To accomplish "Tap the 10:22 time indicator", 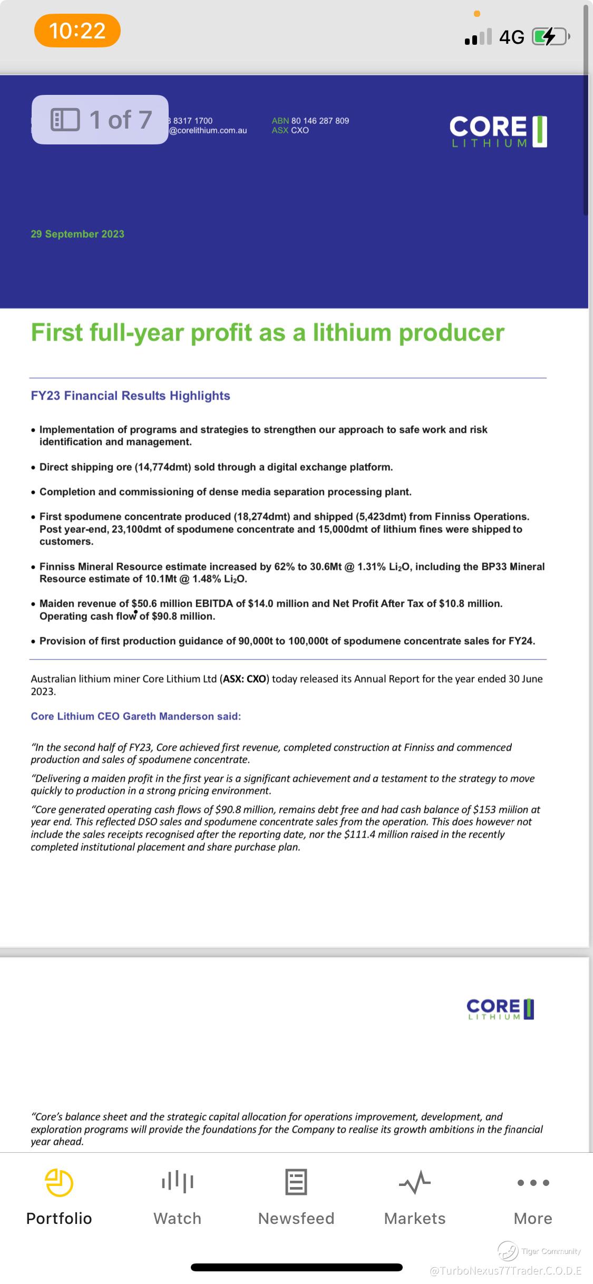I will pos(77,31).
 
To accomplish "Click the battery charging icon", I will pos(550,37).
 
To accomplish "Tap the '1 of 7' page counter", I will pos(100,120).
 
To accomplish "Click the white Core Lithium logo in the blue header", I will pos(498,131).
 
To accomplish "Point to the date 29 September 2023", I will pos(77,234).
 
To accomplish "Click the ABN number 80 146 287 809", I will pos(320,121).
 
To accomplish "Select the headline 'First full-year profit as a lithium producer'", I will pos(267,333).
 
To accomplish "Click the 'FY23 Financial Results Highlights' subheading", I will pos(130,396).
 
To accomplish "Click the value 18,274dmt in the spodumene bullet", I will pos(262,517).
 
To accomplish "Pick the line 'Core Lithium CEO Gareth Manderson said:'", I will pos(135,716).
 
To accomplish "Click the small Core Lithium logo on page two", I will pos(500,1009).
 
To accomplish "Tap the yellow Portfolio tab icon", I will pos(59,1183).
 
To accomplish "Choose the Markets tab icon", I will pos(415,1183).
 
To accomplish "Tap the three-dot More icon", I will pos(533,1183).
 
